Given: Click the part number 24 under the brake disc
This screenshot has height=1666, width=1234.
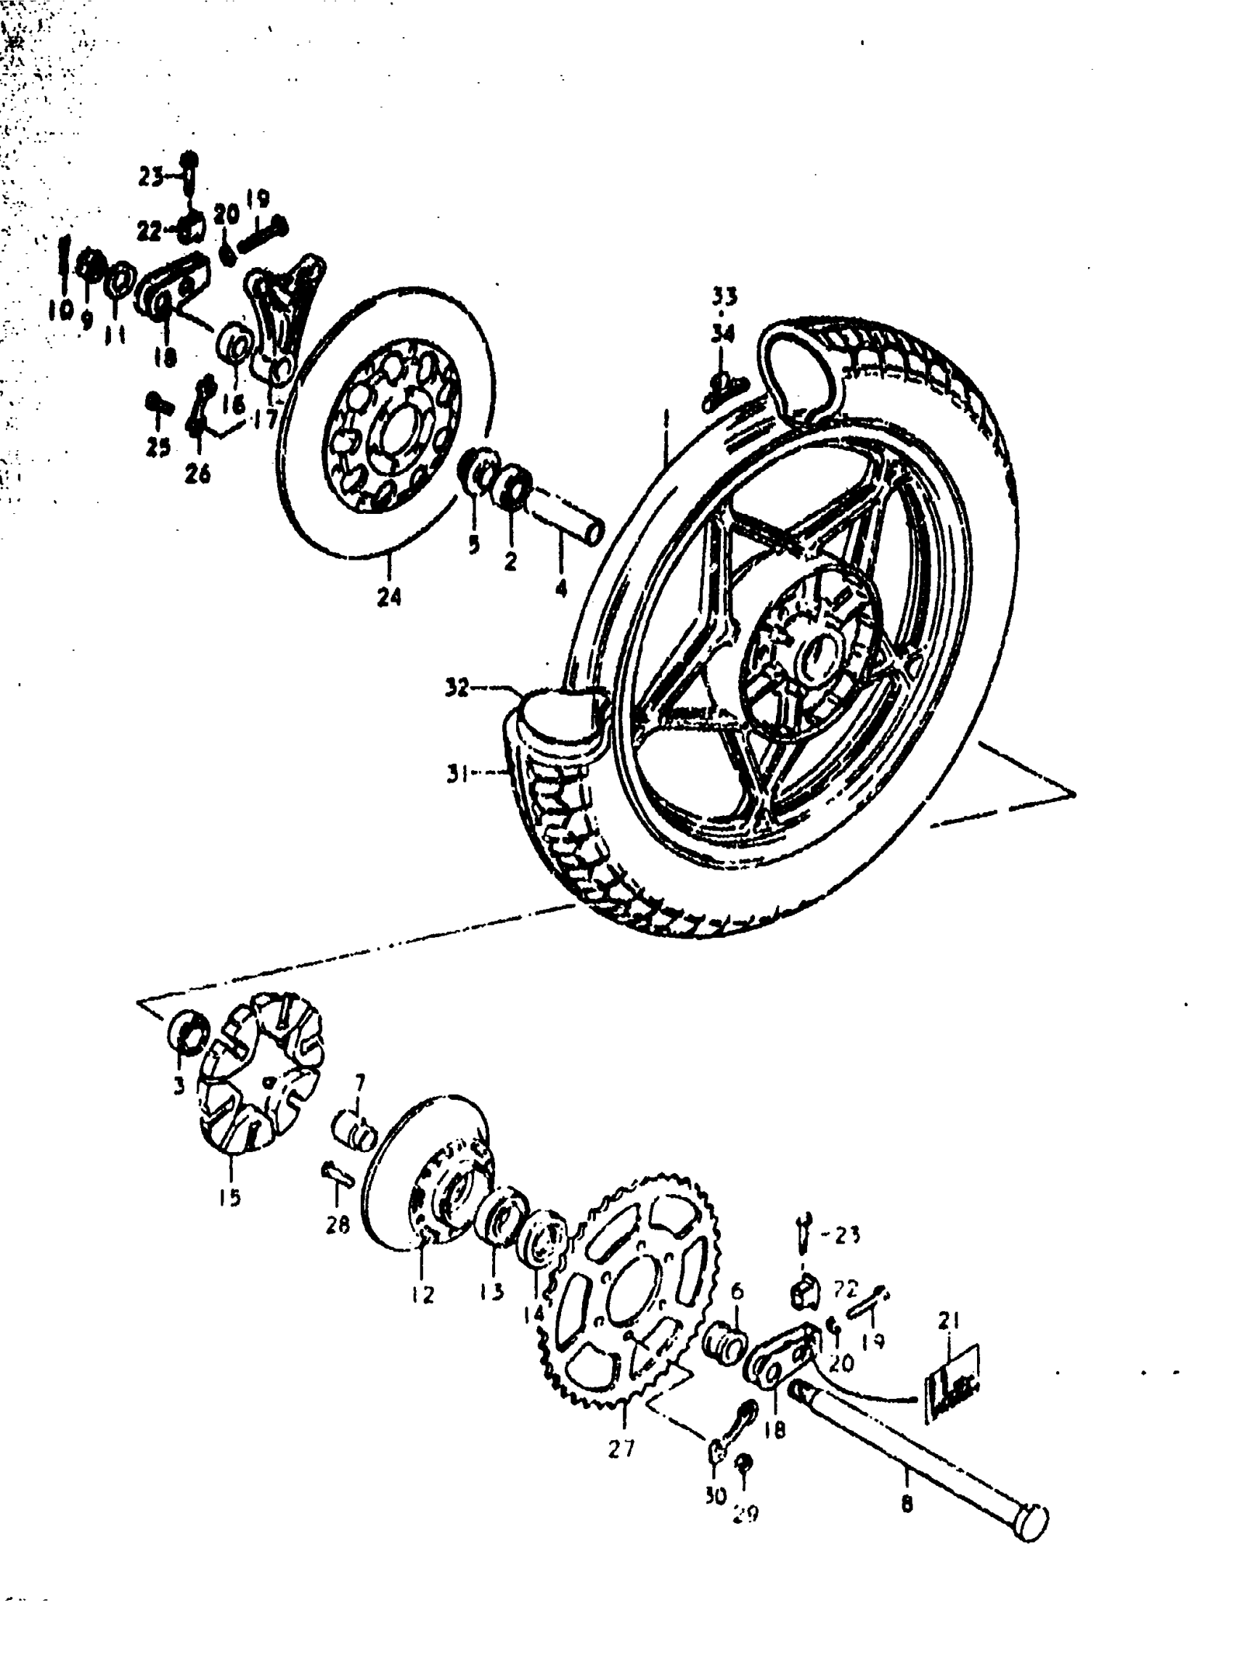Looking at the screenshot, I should [x=388, y=596].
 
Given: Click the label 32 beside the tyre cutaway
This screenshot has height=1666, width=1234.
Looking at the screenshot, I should [x=457, y=687].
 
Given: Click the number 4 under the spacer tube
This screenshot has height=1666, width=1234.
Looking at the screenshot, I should [x=561, y=589].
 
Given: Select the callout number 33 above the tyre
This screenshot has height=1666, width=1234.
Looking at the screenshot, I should [x=723, y=297].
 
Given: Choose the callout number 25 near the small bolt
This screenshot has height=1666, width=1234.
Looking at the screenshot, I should [x=158, y=446].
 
